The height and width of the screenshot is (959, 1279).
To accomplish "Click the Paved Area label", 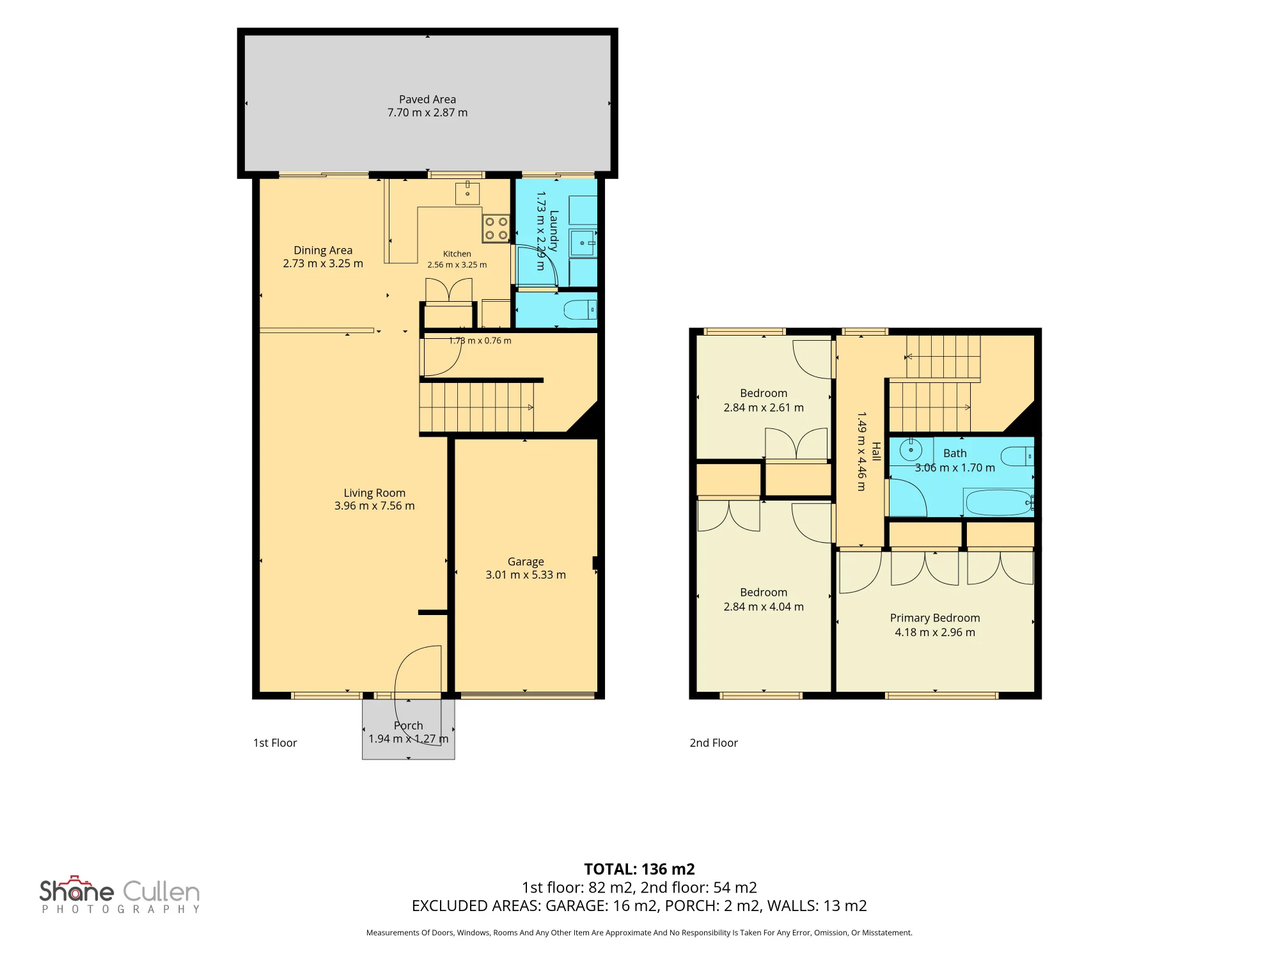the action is [427, 100].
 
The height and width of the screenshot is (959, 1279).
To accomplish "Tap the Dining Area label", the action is [323, 251].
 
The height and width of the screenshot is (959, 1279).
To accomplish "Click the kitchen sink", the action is [467, 192].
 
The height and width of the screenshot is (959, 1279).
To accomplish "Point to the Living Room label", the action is [375, 493].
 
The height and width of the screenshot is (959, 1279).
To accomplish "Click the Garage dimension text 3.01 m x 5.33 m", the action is [526, 575].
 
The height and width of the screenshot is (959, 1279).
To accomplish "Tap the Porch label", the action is [409, 726].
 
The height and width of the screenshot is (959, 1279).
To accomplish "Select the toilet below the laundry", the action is [580, 311].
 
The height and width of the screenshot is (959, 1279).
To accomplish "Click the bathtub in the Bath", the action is [999, 503].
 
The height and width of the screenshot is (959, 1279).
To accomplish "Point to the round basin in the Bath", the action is [911, 450].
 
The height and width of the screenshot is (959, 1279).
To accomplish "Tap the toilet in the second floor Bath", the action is [1017, 456].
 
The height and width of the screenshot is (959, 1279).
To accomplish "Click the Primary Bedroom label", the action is [935, 618].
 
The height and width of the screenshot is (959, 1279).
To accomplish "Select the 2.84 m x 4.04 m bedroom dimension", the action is [764, 607].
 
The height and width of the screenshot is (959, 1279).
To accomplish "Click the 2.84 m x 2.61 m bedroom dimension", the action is [764, 408].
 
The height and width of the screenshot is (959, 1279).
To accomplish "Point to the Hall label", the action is [876, 451].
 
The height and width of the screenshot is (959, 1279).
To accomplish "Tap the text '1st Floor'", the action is [275, 743].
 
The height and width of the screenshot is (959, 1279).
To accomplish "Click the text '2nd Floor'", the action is [714, 743].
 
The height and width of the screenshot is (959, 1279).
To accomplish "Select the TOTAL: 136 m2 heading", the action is [639, 869].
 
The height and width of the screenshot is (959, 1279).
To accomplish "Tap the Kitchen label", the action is [457, 254].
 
